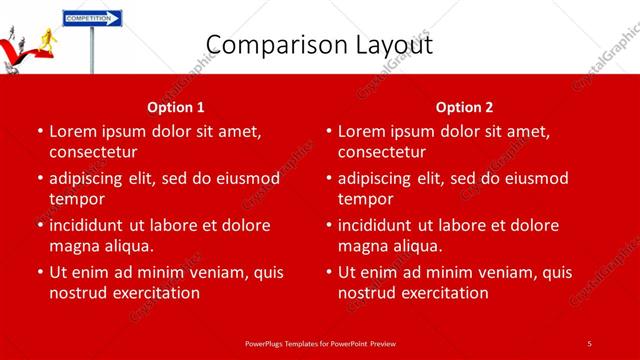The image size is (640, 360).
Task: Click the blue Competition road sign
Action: (x=91, y=18)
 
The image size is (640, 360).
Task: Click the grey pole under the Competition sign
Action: (x=92, y=50)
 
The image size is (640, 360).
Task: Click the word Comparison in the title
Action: (x=271, y=45)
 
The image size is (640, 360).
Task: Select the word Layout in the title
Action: (x=389, y=45)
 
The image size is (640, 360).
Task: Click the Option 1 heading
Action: (x=176, y=107)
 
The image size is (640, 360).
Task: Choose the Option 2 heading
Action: (x=465, y=107)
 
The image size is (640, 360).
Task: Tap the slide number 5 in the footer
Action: (x=590, y=343)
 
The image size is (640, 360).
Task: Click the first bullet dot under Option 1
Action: (x=39, y=132)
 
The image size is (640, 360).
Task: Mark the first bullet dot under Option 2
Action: (x=328, y=132)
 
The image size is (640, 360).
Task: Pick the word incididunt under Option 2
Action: (x=380, y=225)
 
